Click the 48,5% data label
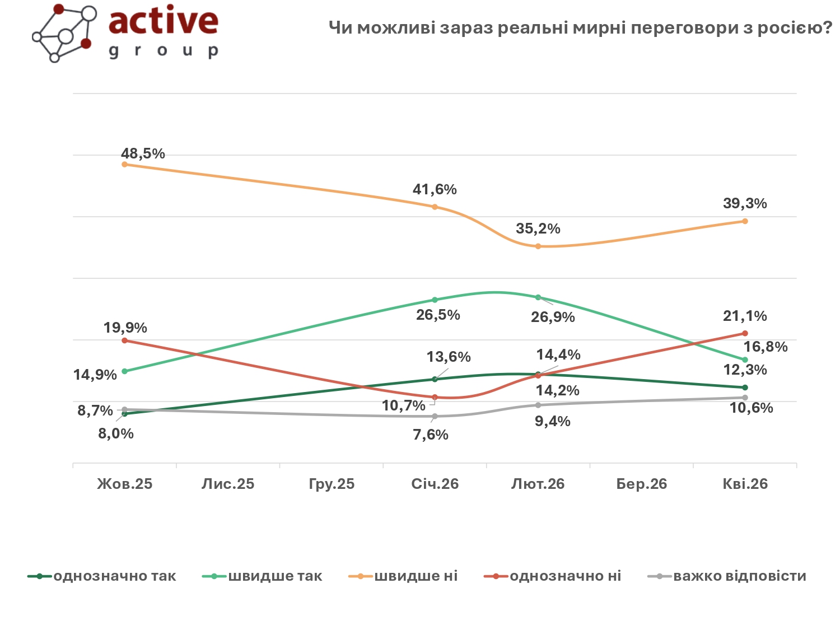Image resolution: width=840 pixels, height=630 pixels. [143, 153]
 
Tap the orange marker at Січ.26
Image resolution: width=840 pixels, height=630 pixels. [435, 207]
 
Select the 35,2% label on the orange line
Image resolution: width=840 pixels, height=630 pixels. [538, 228]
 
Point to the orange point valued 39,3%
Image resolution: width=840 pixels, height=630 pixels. [745, 221]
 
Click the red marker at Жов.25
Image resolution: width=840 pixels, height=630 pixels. [124, 340]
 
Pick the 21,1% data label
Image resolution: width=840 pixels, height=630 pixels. [745, 316]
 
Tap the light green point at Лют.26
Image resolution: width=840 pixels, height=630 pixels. [538, 297]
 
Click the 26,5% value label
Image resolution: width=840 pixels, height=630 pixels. [438, 315]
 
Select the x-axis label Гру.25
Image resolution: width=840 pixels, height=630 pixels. [332, 484]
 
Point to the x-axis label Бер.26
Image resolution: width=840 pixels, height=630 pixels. [642, 484]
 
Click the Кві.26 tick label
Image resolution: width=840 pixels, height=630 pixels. [745, 484]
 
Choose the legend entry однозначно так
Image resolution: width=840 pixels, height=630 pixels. [114, 576]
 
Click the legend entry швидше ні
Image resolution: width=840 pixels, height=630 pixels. [416, 576]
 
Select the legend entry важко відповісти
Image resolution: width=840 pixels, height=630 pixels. [739, 576]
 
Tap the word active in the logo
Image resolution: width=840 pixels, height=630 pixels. [163, 21]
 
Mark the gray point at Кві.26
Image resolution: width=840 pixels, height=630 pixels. [745, 398]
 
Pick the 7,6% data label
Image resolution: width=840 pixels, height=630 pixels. [431, 435]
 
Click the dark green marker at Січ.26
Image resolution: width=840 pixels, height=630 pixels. [435, 379]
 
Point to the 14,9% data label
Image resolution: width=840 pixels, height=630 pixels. [95, 375]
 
